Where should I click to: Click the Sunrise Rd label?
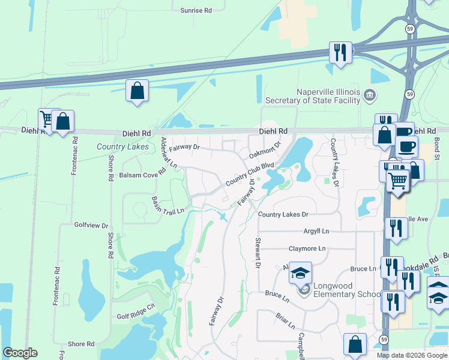[196, 10]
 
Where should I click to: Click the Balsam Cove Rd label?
[141, 175]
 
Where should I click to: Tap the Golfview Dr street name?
[91, 226]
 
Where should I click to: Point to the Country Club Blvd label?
[250, 174]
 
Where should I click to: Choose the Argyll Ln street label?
[317, 231]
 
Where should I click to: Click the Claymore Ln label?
[307, 248]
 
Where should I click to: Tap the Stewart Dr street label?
[258, 252]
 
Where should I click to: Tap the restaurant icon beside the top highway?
[340, 52]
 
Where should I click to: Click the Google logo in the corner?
[20, 353]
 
